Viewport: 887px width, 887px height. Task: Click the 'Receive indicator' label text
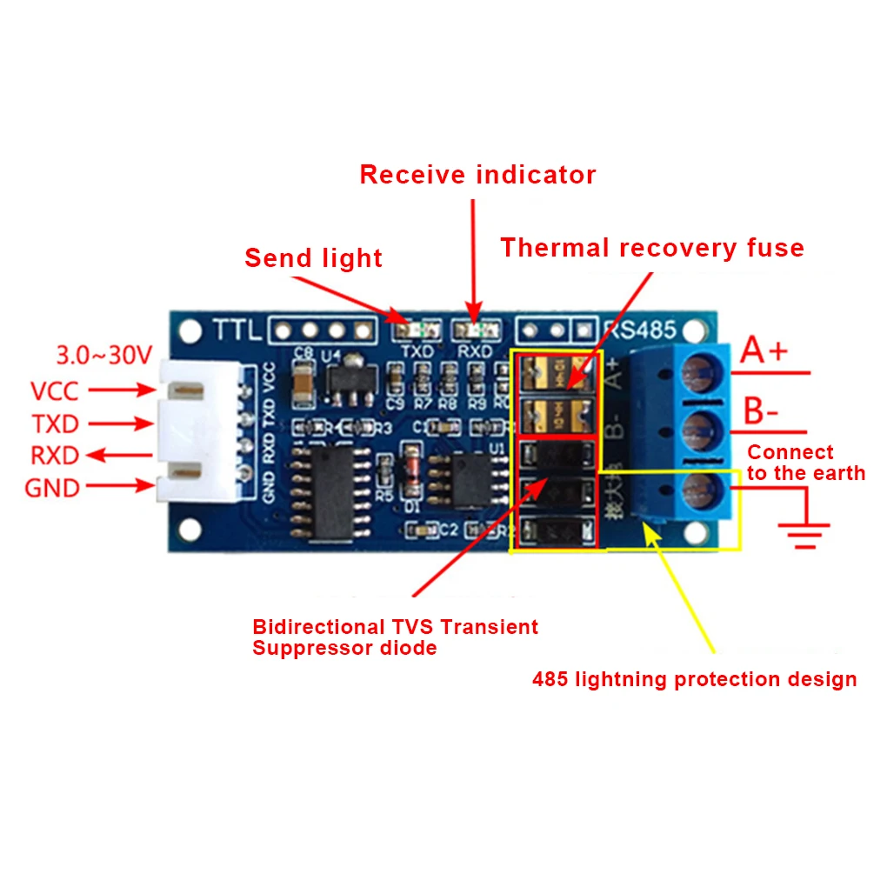click(477, 175)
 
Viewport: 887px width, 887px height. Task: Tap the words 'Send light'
click(313, 258)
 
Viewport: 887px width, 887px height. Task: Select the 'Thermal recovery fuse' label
click(651, 249)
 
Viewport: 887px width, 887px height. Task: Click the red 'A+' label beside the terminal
click(764, 351)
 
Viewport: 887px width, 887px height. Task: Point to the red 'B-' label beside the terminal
click(761, 412)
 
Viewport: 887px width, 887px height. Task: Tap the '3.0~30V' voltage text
click(103, 355)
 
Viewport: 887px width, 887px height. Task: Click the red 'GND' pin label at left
click(52, 488)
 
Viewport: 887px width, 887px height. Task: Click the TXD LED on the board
click(415, 330)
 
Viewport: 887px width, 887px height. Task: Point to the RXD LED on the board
click(475, 330)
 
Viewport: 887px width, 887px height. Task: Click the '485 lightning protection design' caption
click(694, 679)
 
